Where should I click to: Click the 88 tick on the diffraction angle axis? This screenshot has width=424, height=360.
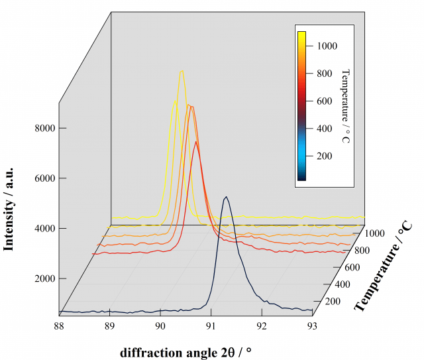tap(59, 325)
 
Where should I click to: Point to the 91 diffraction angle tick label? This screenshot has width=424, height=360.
tap(211, 325)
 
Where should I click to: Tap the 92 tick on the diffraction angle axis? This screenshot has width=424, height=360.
tap(262, 325)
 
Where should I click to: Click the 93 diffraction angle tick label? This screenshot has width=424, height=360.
tap(312, 325)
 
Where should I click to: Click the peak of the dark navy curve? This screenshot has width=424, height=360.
tap(227, 197)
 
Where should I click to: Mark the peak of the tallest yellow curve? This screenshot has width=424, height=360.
tap(182, 70)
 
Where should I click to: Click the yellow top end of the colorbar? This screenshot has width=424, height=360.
tap(301, 33)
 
